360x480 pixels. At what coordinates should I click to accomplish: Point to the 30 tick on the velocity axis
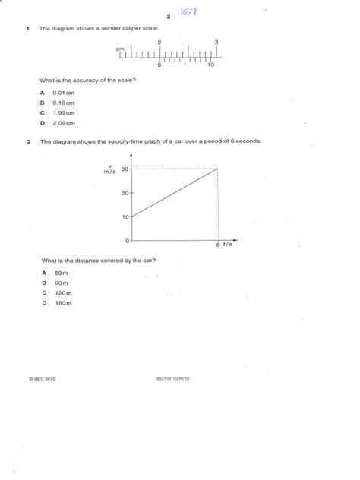pyautogui.click(x=125, y=169)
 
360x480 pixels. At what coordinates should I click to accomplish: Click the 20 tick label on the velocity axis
pyautogui.click(x=125, y=193)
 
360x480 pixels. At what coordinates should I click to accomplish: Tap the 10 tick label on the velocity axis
pyautogui.click(x=125, y=217)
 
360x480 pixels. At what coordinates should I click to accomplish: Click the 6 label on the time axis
pyautogui.click(x=218, y=245)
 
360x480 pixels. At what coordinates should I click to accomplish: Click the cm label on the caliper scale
pyautogui.click(x=119, y=49)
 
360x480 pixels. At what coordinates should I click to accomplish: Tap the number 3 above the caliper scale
pyautogui.click(x=217, y=42)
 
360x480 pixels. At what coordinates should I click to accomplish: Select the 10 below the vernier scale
pyautogui.click(x=210, y=66)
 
